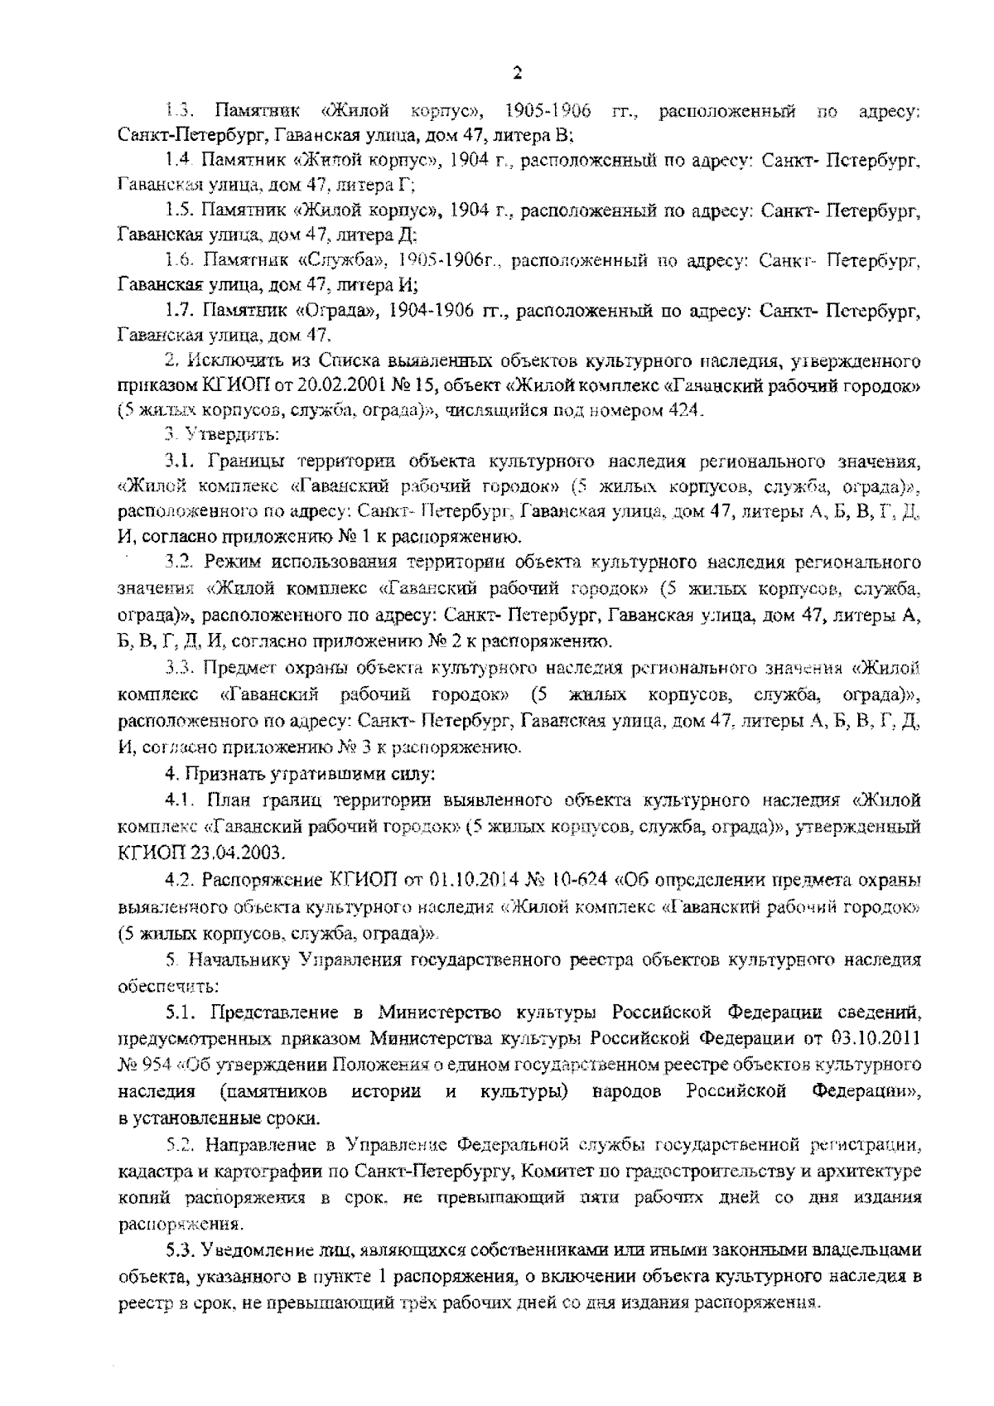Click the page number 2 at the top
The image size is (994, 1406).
517,73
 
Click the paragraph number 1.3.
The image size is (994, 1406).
180,111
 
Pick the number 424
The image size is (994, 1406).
688,409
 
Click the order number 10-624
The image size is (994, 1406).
586,880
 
